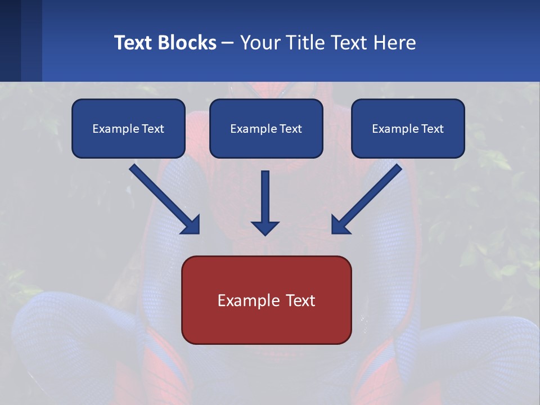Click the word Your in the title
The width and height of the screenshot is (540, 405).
pos(260,43)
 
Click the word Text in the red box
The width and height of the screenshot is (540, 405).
pos(300,300)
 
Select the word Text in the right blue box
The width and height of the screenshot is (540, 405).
pos(432,129)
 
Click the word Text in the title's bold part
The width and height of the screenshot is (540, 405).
pos(133,43)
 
